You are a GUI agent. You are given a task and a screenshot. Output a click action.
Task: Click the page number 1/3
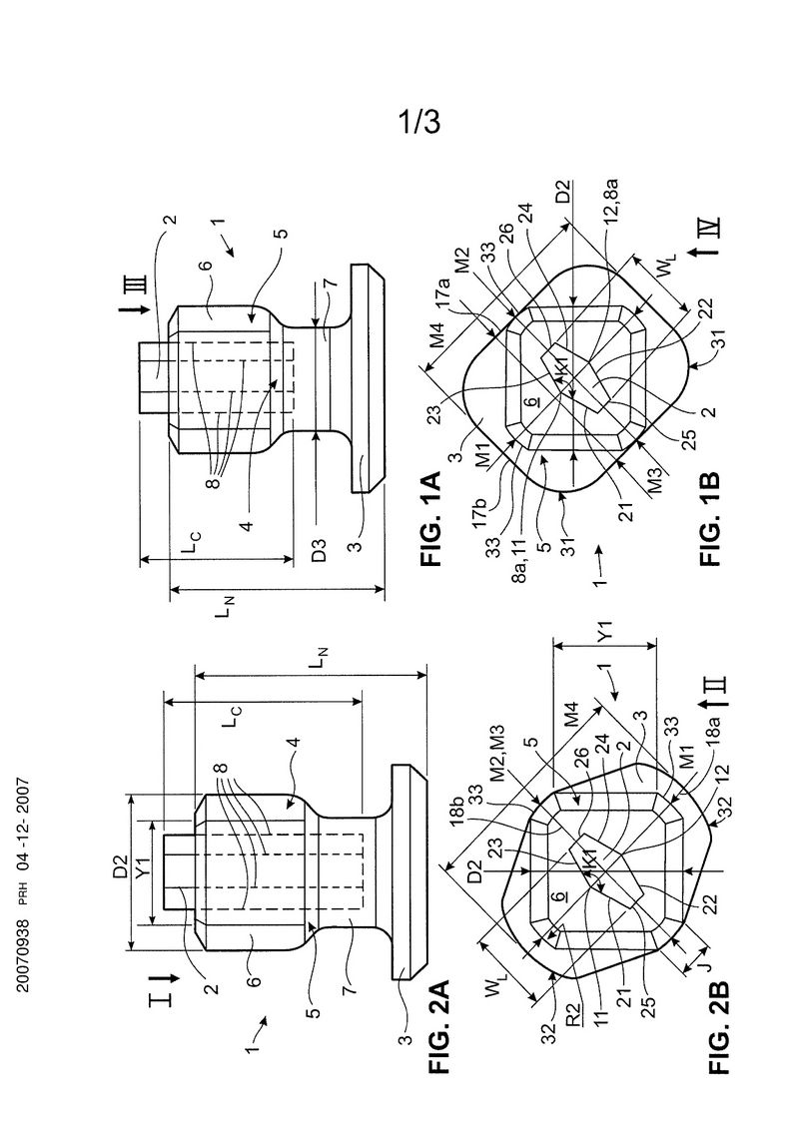(419, 123)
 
